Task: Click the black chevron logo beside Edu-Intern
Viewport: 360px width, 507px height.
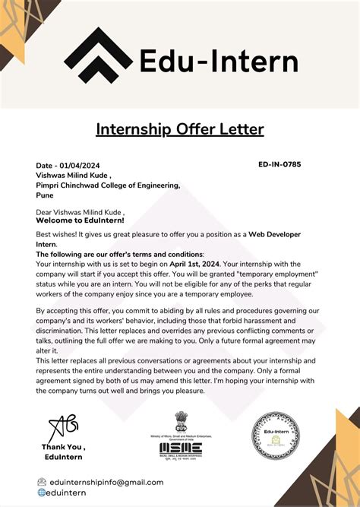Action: [x=97, y=60]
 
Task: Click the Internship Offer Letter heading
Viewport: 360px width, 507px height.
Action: [x=179, y=129]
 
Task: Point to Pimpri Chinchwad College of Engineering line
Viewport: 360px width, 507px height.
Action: [x=108, y=185]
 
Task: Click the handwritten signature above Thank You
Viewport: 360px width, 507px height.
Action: [x=63, y=427]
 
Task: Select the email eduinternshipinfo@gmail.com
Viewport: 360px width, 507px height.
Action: [x=106, y=482]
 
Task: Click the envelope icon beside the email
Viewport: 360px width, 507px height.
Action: [x=42, y=482]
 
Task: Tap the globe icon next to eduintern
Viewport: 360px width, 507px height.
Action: [x=42, y=493]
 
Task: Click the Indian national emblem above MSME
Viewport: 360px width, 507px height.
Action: [x=181, y=422]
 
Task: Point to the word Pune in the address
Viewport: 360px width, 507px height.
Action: [x=44, y=195]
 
